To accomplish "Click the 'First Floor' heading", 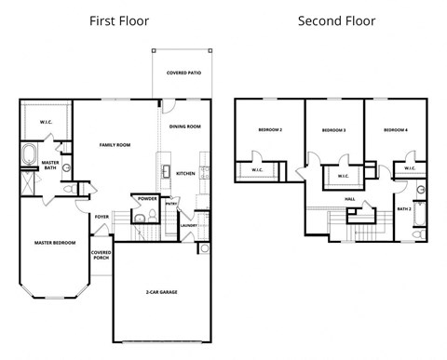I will coord(118,20).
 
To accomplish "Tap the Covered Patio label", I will coord(183,73).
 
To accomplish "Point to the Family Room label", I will coord(115,145).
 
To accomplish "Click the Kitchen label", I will coord(185,173).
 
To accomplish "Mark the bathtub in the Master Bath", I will coord(28,153).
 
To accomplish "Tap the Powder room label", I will coord(146,198).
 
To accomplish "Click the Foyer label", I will coord(102,217).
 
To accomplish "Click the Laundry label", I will coord(187,224).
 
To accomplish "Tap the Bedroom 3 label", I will coord(334,130).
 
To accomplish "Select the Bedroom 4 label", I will coord(396,130).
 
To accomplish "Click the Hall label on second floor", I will coord(349,198).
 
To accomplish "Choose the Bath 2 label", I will coord(403,209).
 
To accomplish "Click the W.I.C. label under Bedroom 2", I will coord(256,169).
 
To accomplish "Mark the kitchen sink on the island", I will coord(164,172).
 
